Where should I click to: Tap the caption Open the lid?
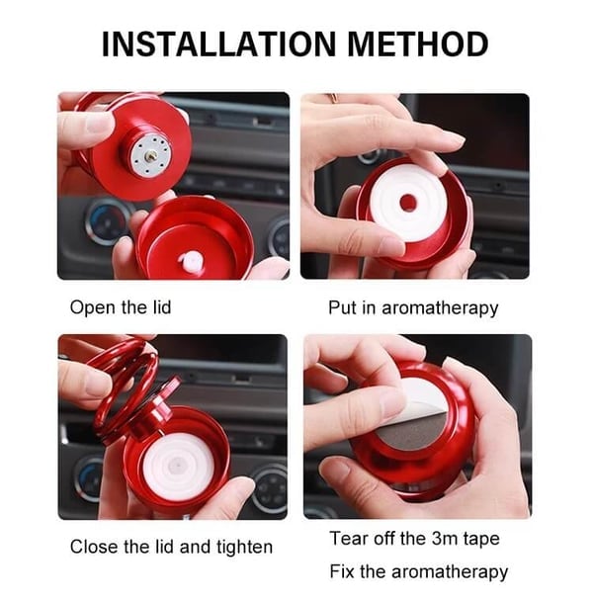click(121, 307)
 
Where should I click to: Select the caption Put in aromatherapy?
click(413, 307)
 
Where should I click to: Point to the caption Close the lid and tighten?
click(171, 546)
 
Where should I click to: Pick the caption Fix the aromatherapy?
click(418, 571)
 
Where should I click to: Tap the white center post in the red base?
click(191, 261)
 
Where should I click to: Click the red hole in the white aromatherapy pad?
click(407, 205)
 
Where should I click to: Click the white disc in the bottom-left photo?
click(178, 466)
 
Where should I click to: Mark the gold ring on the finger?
click(333, 98)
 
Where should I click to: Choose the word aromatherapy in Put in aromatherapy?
click(441, 307)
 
